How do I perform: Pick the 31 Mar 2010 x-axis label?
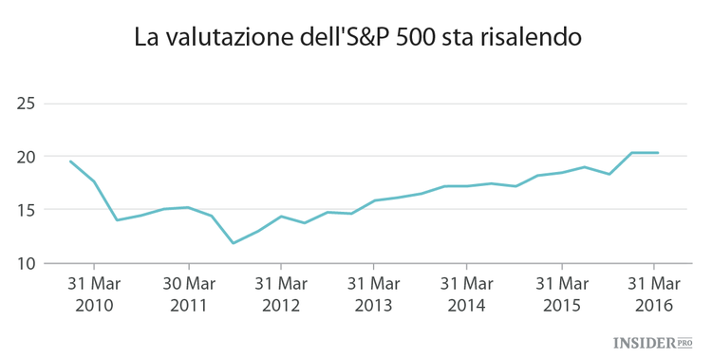tap(94, 294)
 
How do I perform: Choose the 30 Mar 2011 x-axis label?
tap(188, 294)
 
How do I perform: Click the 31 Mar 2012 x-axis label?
tap(281, 294)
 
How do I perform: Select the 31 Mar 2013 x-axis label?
tap(374, 294)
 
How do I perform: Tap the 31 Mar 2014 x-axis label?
tap(467, 294)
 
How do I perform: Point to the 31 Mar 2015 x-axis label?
tap(561, 294)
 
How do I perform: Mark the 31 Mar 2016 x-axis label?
tap(654, 294)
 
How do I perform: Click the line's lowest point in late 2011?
tap(234, 243)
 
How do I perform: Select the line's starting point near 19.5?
tap(70, 161)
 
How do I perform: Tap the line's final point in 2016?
tap(658, 153)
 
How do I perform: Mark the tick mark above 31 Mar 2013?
tap(374, 267)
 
